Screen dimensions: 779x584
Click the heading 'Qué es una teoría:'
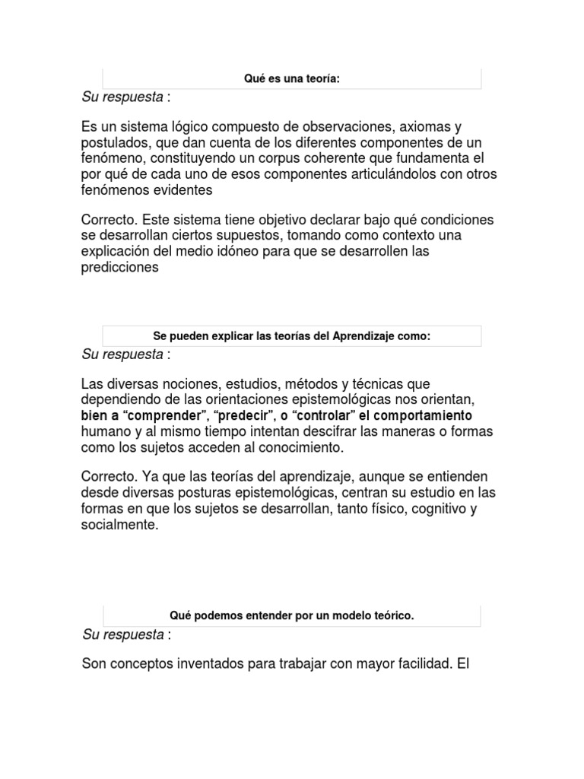(292, 78)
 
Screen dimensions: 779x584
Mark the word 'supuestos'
(228, 236)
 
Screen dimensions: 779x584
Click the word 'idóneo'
(258, 252)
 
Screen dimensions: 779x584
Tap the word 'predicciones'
(120, 268)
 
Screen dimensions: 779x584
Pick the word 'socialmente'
(119, 526)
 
